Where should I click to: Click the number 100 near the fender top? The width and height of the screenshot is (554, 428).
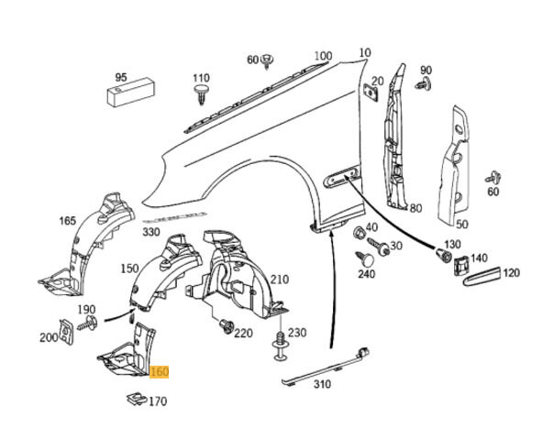pyautogui.click(x=323, y=56)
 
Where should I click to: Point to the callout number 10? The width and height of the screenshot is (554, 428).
pyautogui.click(x=365, y=53)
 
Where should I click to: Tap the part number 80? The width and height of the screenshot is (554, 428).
pyautogui.click(x=415, y=208)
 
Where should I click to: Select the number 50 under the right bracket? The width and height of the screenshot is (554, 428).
pyautogui.click(x=461, y=224)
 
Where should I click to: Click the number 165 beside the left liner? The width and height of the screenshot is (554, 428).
pyautogui.click(x=68, y=221)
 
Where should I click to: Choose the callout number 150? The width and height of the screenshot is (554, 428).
pyautogui.click(x=129, y=268)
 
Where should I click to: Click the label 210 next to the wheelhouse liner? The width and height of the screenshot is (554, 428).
pyautogui.click(x=279, y=280)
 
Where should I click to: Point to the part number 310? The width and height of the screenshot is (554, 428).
pyautogui.click(x=321, y=385)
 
